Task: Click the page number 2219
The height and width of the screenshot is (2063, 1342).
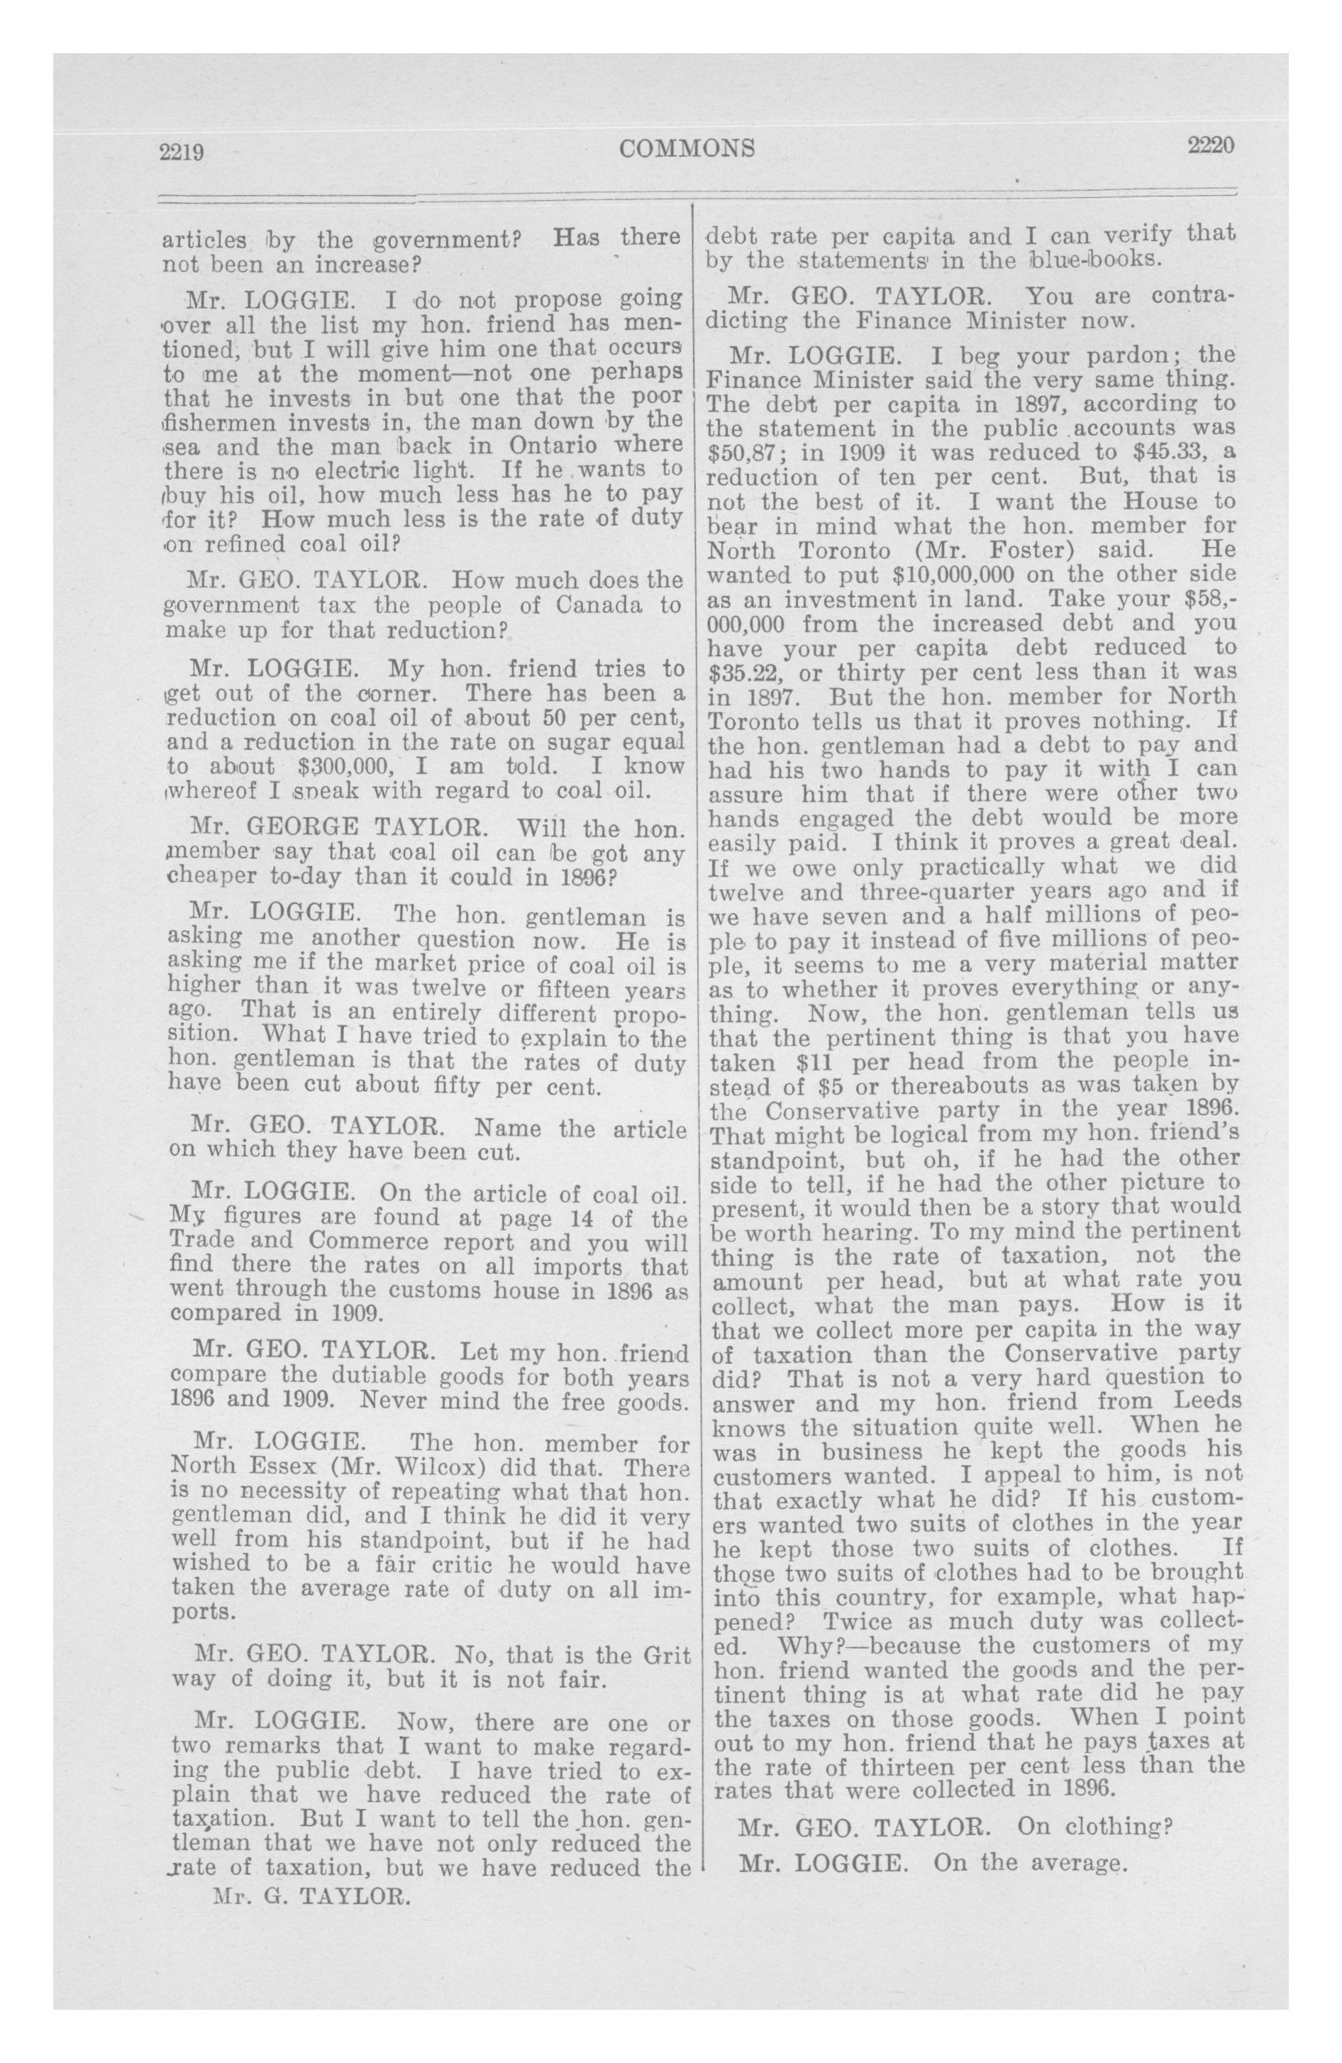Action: (181, 153)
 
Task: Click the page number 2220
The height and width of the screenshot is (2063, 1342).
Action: (1210, 145)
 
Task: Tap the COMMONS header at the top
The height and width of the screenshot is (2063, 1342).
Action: (687, 149)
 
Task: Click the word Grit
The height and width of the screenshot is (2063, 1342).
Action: (667, 1655)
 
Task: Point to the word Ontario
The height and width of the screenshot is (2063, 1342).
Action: (562, 446)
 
